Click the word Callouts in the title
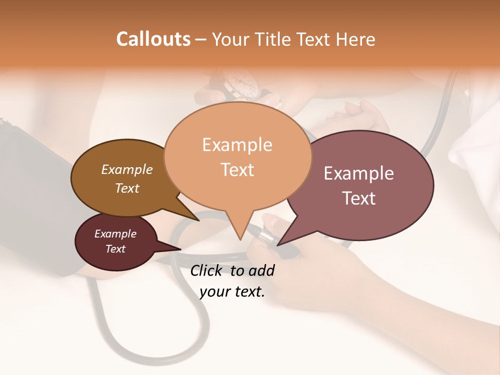153,39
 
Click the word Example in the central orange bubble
237,145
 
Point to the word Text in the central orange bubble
237,170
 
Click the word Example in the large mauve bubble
359,173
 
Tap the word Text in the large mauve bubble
359,198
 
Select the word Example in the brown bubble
127,169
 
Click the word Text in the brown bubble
127,188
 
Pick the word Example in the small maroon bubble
115,234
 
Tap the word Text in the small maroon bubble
115,249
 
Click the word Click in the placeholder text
207,270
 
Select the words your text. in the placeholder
232,292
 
